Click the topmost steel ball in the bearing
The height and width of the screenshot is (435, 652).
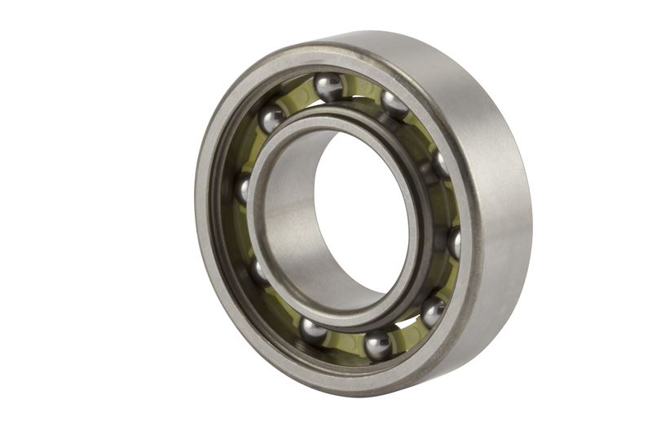pyautogui.click(x=329, y=87)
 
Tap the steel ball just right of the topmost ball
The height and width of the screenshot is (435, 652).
pyautogui.click(x=394, y=104)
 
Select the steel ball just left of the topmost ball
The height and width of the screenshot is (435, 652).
pyautogui.click(x=272, y=119)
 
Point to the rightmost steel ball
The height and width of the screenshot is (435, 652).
pyautogui.click(x=455, y=242)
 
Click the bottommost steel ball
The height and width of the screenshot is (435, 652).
pyautogui.click(x=377, y=344)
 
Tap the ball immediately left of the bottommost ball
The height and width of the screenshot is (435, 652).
pyautogui.click(x=313, y=330)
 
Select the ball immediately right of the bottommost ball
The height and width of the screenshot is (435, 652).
pyautogui.click(x=433, y=311)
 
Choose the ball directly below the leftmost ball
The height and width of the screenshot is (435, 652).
pyautogui.click(x=259, y=271)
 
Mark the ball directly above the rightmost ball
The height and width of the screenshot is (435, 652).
pyautogui.click(x=441, y=164)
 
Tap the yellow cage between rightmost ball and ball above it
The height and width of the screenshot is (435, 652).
pyautogui.click(x=451, y=204)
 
